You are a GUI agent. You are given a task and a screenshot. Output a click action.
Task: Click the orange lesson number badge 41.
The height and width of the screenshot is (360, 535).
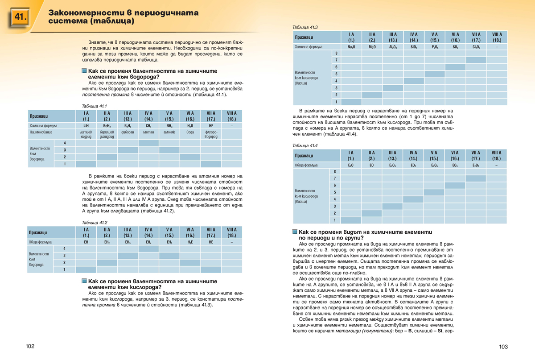click(19, 17)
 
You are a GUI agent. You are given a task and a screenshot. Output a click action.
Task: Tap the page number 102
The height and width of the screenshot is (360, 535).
click(30, 347)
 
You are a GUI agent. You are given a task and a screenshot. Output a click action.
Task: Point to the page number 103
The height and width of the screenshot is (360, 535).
click(503, 347)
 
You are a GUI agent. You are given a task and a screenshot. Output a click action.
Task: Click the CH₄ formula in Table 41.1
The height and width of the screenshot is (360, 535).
click(148, 126)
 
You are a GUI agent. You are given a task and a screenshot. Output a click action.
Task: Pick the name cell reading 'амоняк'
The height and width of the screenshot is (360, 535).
click(169, 132)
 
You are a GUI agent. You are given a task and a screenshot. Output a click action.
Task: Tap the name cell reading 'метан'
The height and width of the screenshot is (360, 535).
click(148, 132)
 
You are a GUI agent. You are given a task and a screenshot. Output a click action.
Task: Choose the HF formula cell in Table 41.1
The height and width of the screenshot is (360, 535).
click(211, 126)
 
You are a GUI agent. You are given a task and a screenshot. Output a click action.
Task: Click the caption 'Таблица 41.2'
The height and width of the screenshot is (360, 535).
click(95, 222)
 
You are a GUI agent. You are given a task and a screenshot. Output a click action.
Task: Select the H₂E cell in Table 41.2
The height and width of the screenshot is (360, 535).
click(190, 242)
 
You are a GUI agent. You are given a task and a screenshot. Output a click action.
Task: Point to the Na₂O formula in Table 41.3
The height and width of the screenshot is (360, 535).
click(351, 46)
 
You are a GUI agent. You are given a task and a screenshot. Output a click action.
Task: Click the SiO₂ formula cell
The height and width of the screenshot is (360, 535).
click(413, 46)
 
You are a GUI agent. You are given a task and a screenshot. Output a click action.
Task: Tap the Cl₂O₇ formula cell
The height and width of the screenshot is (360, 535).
click(476, 46)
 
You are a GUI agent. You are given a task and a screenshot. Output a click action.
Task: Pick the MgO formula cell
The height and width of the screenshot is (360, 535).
click(372, 46)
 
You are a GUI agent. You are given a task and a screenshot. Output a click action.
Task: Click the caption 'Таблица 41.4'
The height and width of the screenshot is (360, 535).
click(305, 145)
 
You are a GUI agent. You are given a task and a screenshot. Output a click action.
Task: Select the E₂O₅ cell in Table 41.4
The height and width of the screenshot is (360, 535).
click(434, 165)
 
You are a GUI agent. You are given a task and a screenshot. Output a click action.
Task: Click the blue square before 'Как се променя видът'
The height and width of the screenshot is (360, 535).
click(295, 232)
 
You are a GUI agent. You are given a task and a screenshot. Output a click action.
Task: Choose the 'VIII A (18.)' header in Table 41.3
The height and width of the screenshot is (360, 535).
click(497, 37)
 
